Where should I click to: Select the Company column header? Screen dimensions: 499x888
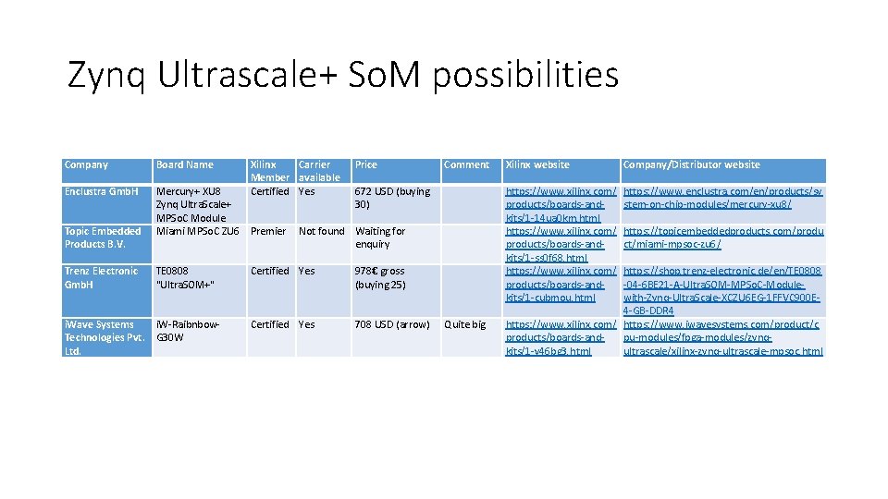click(86, 164)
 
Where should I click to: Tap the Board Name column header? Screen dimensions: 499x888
click(185, 164)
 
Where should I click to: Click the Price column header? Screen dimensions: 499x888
click(366, 164)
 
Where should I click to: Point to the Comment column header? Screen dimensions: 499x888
click(466, 164)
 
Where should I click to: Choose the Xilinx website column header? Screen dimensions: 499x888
click(537, 164)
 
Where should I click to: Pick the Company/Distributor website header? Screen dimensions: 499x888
click(691, 164)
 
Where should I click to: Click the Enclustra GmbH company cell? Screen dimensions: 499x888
click(102, 191)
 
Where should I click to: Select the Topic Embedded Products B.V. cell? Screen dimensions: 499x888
click(103, 237)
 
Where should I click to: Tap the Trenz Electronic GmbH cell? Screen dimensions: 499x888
click(101, 277)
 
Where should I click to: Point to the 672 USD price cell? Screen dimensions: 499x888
click(392, 198)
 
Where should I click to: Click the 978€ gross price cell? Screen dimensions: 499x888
click(379, 277)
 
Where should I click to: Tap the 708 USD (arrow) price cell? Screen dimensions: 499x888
click(392, 324)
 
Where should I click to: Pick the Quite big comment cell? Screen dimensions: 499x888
click(464, 324)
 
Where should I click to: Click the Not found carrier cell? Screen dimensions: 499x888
click(321, 231)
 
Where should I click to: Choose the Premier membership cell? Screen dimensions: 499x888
click(268, 231)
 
